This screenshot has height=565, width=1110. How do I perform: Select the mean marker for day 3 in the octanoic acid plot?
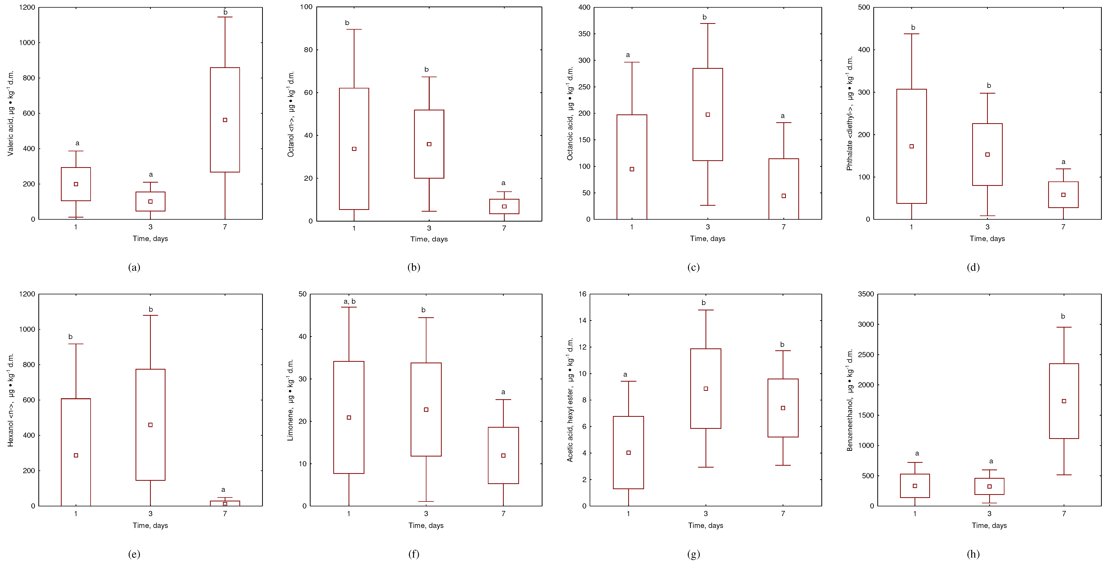coord(708,115)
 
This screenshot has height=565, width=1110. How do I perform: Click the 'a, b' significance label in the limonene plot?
coord(350,301)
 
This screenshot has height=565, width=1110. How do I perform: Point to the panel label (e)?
coord(134,554)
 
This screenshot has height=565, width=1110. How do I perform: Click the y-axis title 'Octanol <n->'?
coord(291,114)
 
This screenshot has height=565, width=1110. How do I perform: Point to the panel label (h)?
coord(973,554)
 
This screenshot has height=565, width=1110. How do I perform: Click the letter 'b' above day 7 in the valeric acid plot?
coord(225,12)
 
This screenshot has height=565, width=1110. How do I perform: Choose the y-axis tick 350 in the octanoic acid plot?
coord(584,34)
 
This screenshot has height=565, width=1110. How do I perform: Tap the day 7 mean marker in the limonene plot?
coord(503,455)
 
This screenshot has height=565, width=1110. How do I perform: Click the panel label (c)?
coord(693,267)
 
